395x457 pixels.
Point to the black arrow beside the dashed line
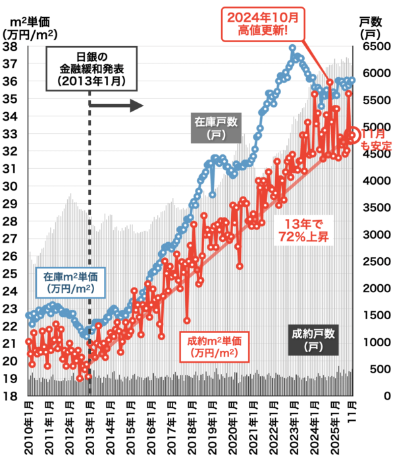116,106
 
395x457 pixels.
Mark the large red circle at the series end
353,135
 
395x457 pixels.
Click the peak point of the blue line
292,47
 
